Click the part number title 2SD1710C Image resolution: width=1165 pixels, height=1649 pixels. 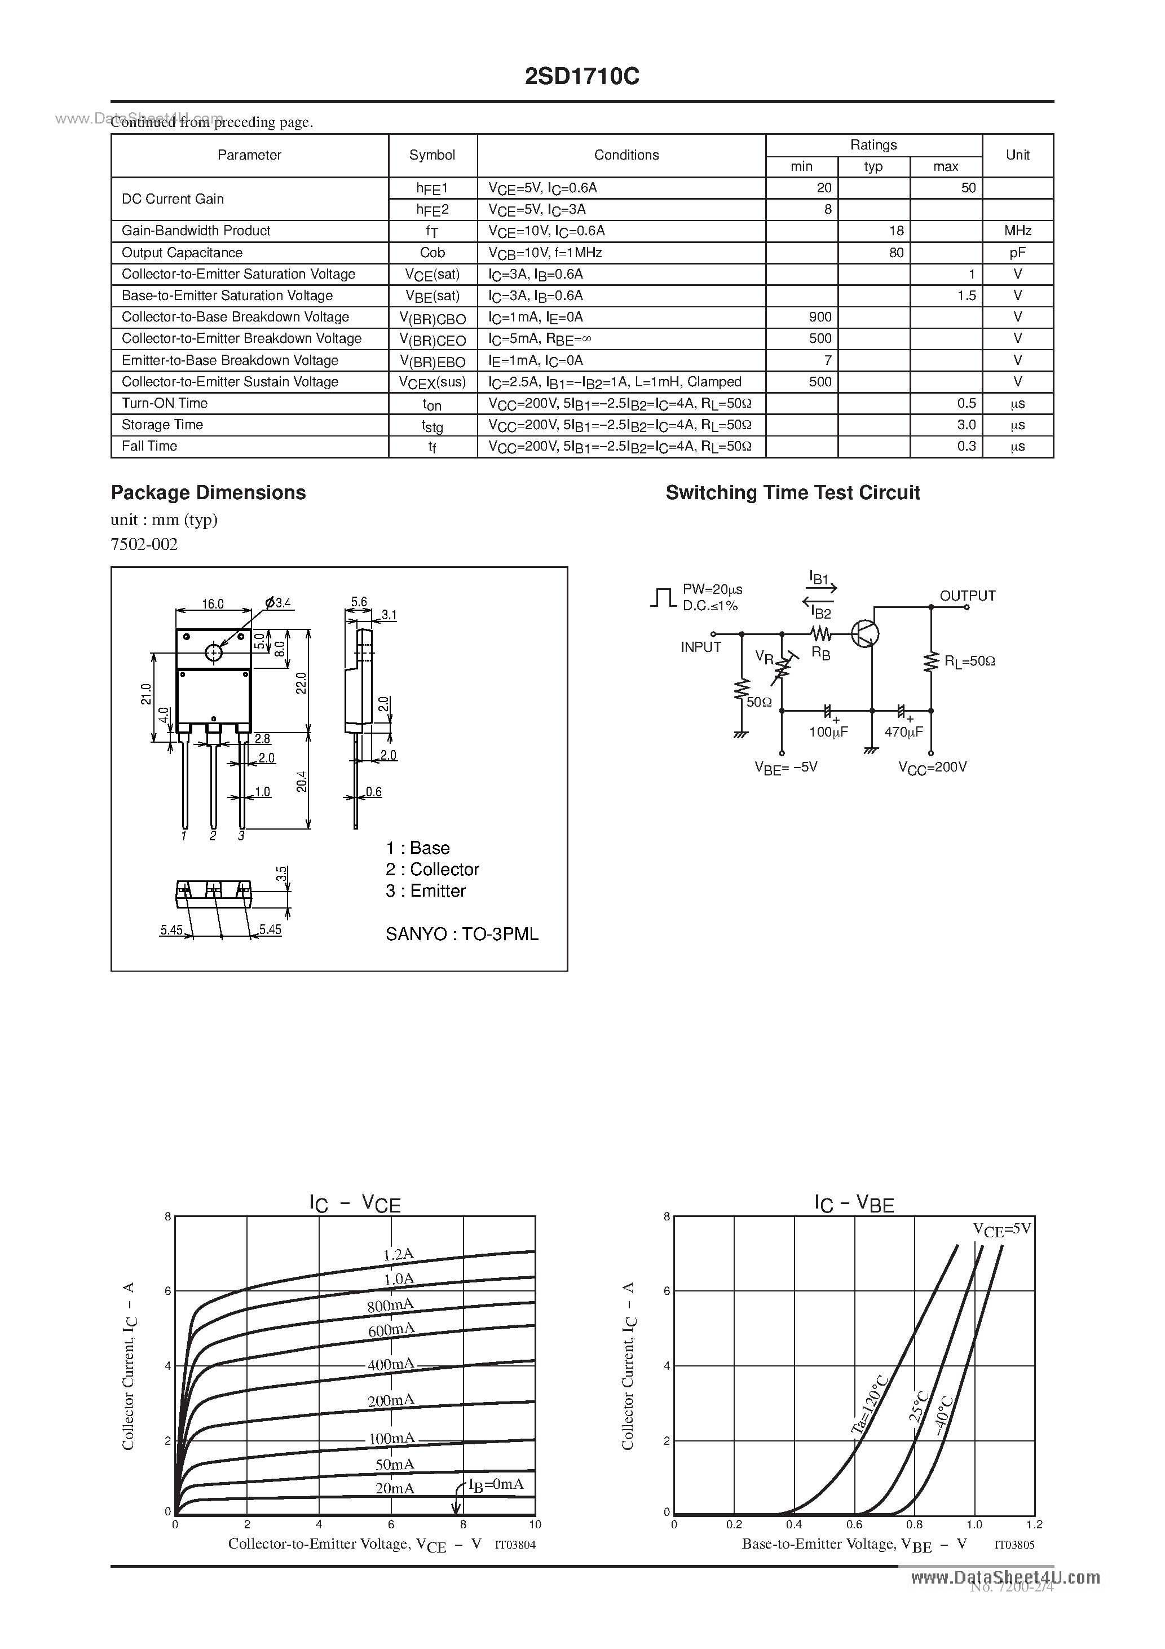(x=582, y=76)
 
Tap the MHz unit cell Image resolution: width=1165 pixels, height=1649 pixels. (x=1017, y=231)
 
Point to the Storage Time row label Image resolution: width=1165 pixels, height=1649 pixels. (x=162, y=425)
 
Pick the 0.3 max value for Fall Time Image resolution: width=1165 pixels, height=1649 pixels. (x=966, y=446)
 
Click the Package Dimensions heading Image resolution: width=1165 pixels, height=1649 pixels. (x=208, y=493)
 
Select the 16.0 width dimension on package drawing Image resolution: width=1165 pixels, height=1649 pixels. (x=213, y=604)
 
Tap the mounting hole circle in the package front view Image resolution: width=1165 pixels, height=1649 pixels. (x=213, y=652)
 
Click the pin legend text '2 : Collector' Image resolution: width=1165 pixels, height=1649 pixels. (x=432, y=869)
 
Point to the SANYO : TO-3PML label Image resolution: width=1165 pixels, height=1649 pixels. (x=462, y=934)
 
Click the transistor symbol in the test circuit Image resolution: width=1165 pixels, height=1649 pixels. (x=865, y=633)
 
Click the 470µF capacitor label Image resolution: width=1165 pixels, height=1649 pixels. (x=903, y=733)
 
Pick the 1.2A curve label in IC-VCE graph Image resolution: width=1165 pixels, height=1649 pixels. (x=398, y=1255)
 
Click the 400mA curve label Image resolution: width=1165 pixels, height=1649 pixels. (x=391, y=1363)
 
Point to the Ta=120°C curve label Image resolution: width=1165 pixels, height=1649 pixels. (x=870, y=1405)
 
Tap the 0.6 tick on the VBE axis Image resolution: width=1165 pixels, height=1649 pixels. (x=854, y=1524)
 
